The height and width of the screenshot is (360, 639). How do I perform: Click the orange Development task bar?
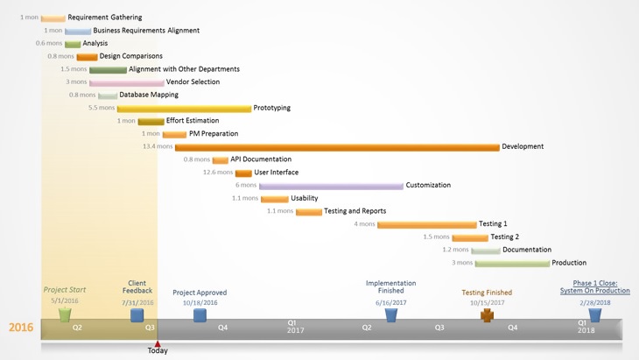[x=337, y=147]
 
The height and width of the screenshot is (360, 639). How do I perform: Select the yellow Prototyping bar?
[x=184, y=109]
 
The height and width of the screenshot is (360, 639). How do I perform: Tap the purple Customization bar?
[x=331, y=186]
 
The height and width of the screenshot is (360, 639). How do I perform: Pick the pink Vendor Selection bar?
[x=127, y=82]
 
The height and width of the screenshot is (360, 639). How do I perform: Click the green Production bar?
[x=512, y=263]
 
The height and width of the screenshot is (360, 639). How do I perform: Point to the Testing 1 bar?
[x=427, y=224]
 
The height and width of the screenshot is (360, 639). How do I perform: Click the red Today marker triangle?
[x=158, y=343]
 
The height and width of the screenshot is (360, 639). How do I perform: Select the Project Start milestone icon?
[x=65, y=314]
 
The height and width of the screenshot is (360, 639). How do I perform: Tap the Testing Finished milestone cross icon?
[x=487, y=314]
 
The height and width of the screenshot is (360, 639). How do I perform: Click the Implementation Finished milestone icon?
[x=390, y=314]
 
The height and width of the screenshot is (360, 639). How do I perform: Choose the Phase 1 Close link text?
[x=594, y=287]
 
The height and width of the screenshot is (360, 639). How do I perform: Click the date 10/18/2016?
[x=200, y=303]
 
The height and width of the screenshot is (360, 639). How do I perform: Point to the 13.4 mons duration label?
[x=158, y=147]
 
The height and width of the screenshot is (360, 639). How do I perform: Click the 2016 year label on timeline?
[x=21, y=328]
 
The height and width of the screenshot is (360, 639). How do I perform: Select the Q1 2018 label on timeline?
[x=583, y=327]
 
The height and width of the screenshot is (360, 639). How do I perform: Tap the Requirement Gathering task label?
[x=104, y=18]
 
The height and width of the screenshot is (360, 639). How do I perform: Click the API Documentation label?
[x=261, y=159]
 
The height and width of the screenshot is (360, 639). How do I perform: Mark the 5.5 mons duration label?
[x=101, y=109]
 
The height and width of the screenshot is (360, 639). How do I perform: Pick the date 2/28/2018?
[x=594, y=303]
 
